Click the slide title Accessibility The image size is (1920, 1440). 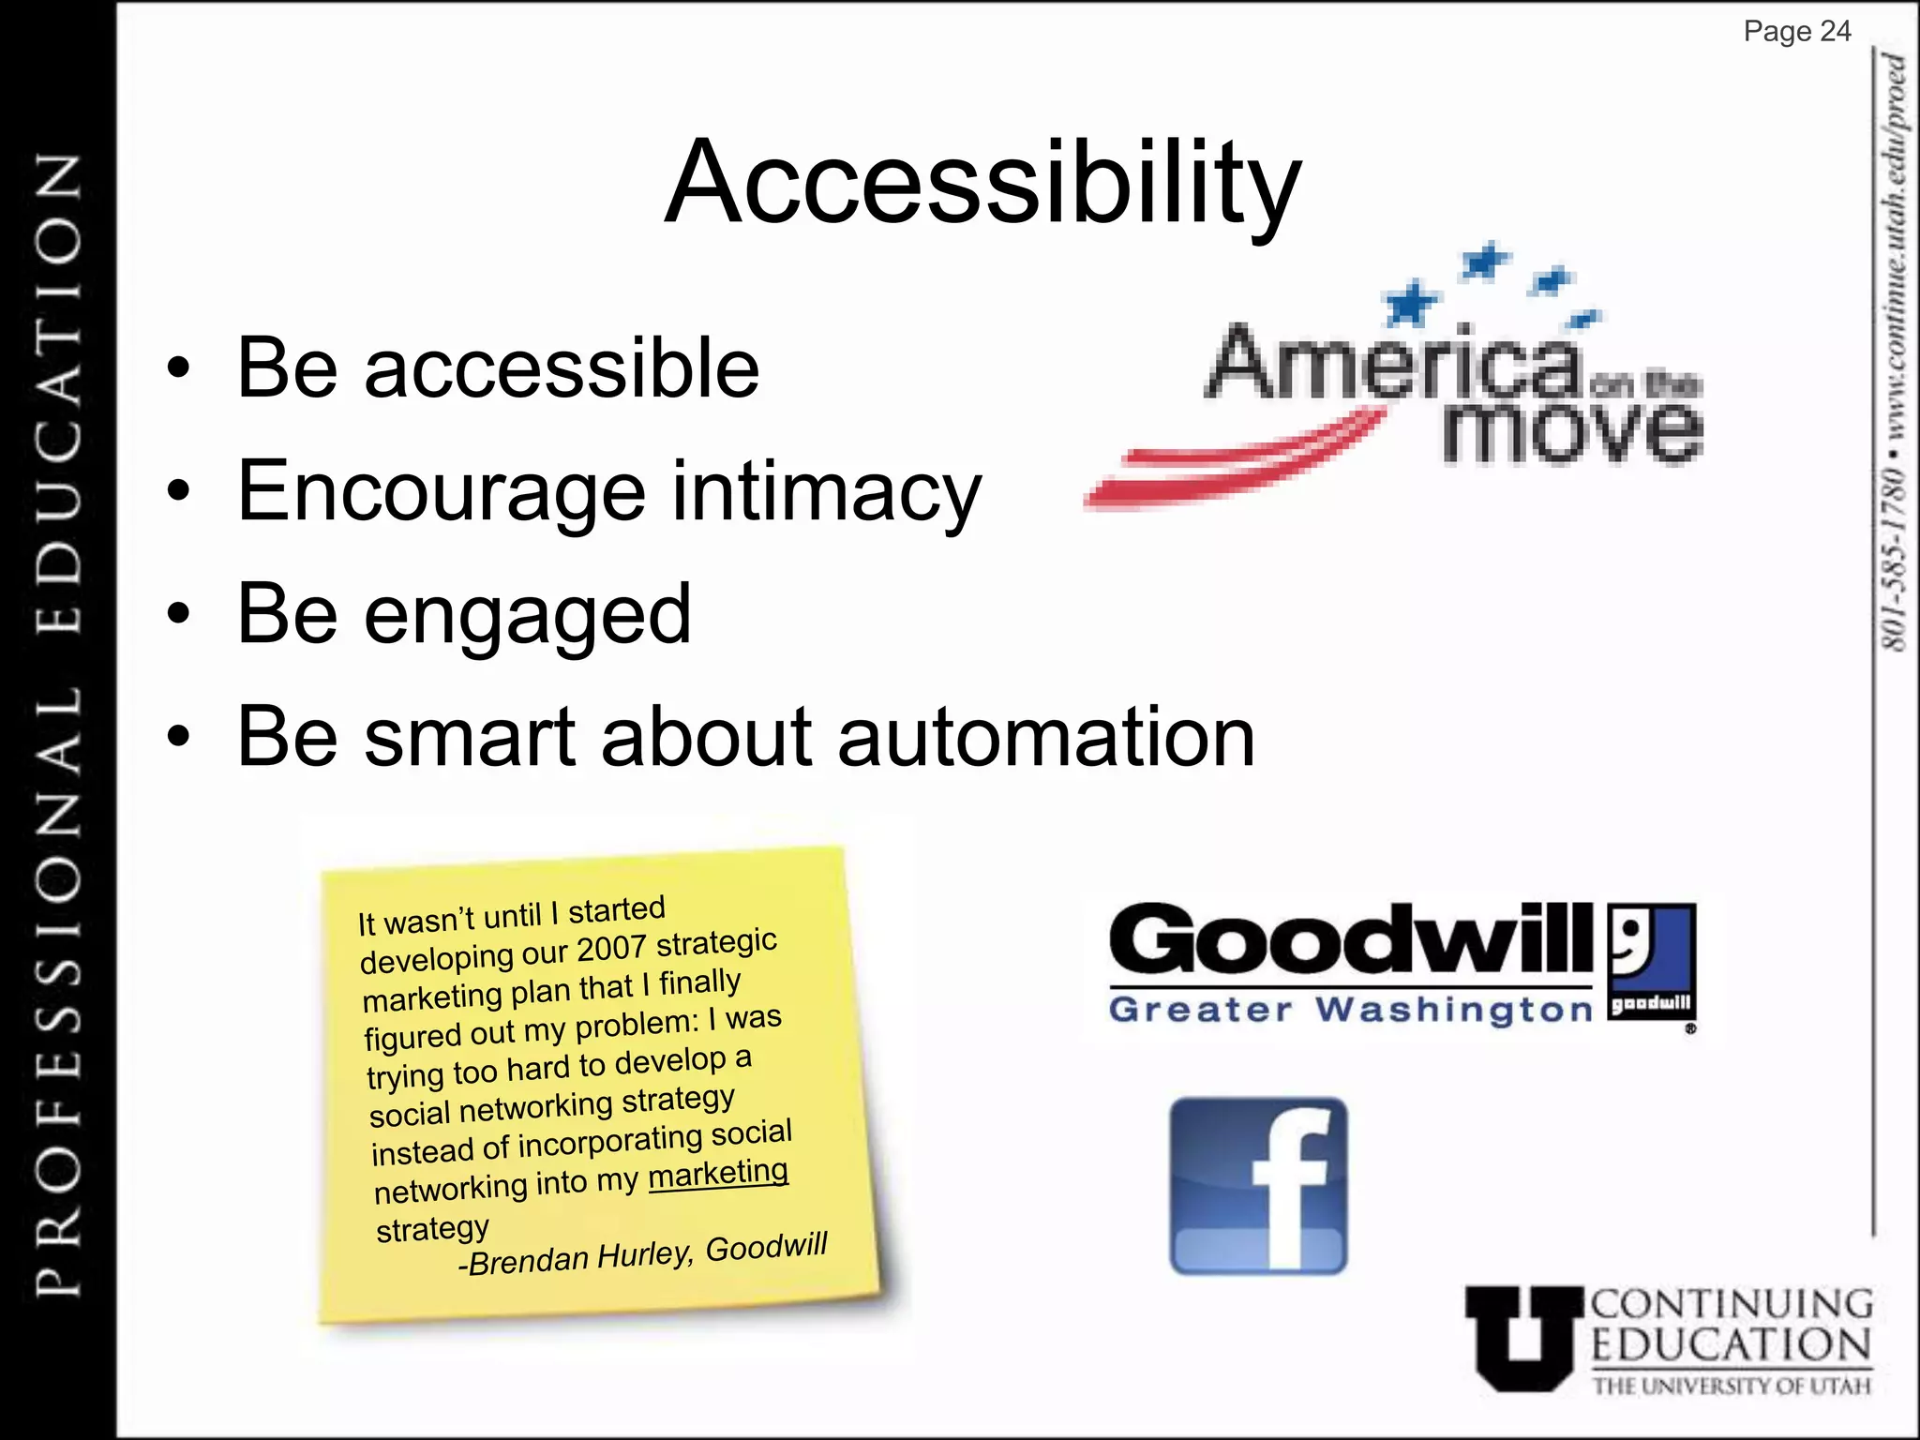pyautogui.click(x=982, y=183)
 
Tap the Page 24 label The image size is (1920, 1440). pyautogui.click(x=1796, y=32)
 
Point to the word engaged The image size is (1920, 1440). pyautogui.click(x=527, y=615)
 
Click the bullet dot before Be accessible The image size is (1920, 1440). pyautogui.click(x=178, y=368)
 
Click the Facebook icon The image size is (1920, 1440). pyautogui.click(x=1258, y=1186)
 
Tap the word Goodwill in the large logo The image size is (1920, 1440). pyautogui.click(x=1350, y=940)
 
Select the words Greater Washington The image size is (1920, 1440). pyautogui.click(x=1350, y=1011)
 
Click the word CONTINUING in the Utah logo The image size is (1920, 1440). pyautogui.click(x=1731, y=1304)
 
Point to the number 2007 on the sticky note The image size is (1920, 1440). pyautogui.click(x=610, y=949)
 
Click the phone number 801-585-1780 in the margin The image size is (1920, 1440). pyautogui.click(x=1895, y=557)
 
